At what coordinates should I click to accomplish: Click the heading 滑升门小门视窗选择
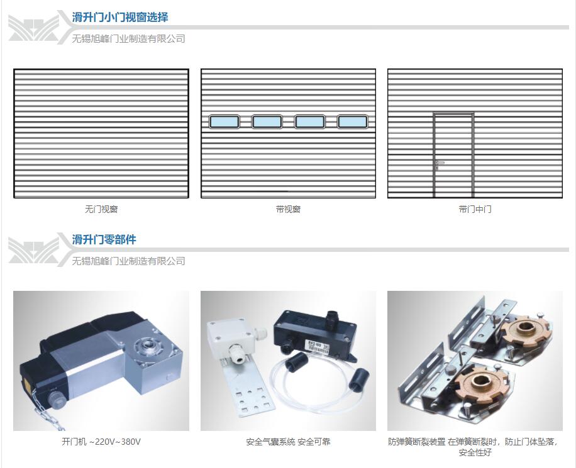(119, 17)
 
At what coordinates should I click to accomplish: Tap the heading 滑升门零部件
(104, 240)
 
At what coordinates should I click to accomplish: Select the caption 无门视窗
(101, 209)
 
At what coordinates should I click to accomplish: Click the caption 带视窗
(289, 209)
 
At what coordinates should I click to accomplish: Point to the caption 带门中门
(475, 209)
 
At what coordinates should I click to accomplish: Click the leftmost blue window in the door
(224, 121)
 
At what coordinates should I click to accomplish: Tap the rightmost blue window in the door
(352, 121)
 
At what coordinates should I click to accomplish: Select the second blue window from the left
(267, 121)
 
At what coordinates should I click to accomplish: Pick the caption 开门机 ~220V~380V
(101, 442)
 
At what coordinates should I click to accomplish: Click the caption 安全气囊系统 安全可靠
(289, 442)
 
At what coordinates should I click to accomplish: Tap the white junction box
(230, 339)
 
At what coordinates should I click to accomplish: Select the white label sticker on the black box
(318, 347)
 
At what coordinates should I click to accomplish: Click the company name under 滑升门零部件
(128, 261)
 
